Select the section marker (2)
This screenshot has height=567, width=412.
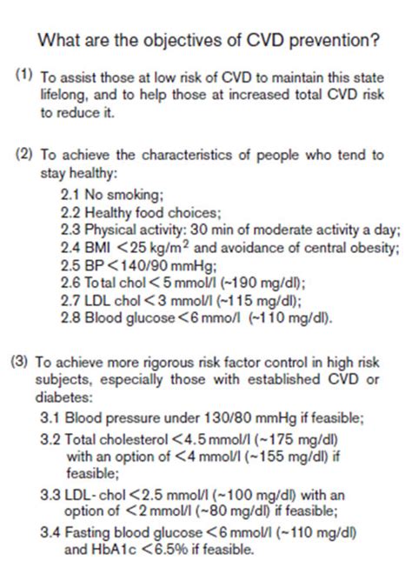(x=25, y=156)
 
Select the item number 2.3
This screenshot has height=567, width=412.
(x=69, y=230)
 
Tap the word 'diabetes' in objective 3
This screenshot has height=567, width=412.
(x=61, y=397)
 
